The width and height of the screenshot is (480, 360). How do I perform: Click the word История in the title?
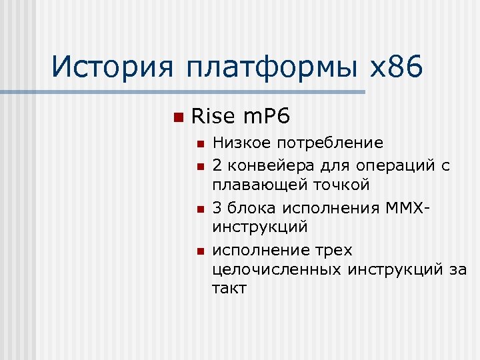[x=113, y=67]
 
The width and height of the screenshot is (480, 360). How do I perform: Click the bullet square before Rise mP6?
[x=177, y=118]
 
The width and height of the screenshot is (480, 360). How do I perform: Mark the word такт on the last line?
[x=230, y=289]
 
